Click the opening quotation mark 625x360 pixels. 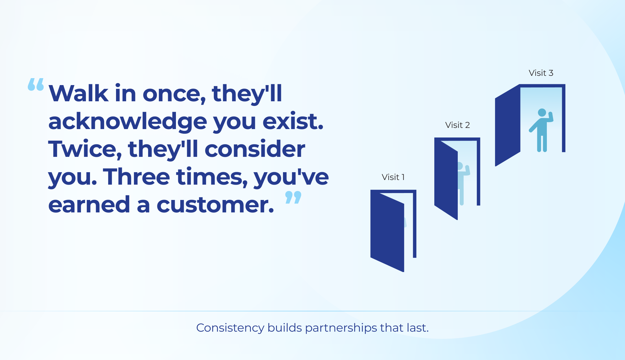pos(36,85)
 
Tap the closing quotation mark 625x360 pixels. pos(293,197)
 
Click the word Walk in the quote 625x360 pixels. pos(78,94)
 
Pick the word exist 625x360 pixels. pos(293,122)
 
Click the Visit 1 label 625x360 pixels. pos(393,177)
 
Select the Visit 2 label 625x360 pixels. pos(457,125)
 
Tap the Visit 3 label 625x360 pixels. pos(541,73)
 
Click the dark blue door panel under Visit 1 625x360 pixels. pos(387,230)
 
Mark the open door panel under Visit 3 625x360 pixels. pos(508,125)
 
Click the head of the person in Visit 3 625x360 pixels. pos(542,113)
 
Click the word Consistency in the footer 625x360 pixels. pos(230,328)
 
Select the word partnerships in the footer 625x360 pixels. pos(341,328)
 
